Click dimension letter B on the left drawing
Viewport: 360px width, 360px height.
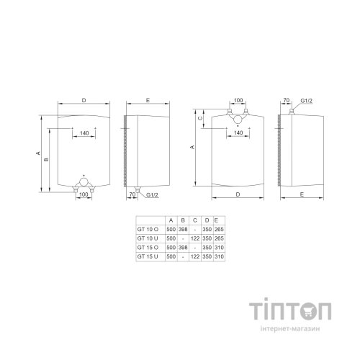tap(45, 159)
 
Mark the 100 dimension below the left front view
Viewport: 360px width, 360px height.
tap(84, 194)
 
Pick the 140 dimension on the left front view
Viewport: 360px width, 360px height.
tap(84, 134)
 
